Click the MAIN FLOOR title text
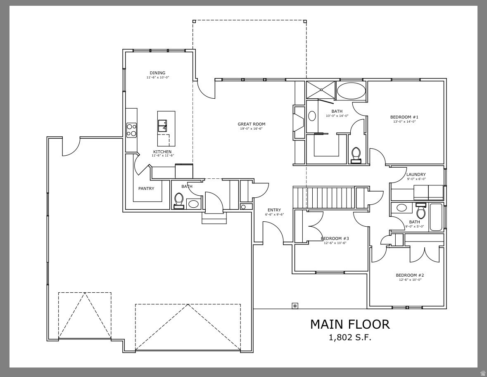(x=350, y=325)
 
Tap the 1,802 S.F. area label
(x=350, y=337)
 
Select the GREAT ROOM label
(x=251, y=124)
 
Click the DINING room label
(x=157, y=73)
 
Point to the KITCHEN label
(x=162, y=152)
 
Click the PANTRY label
(x=146, y=189)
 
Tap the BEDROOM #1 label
(x=404, y=117)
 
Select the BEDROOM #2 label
(x=410, y=275)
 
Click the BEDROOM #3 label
(x=335, y=239)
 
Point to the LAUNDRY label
(x=416, y=175)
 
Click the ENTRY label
(x=274, y=210)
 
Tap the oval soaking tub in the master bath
(x=351, y=91)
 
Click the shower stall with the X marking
(x=321, y=90)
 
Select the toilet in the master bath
(x=356, y=154)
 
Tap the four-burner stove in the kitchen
(x=131, y=130)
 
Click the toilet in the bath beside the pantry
(x=179, y=200)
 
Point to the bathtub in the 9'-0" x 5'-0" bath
(x=436, y=217)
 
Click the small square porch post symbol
(x=295, y=306)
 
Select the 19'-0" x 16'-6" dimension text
(x=251, y=129)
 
